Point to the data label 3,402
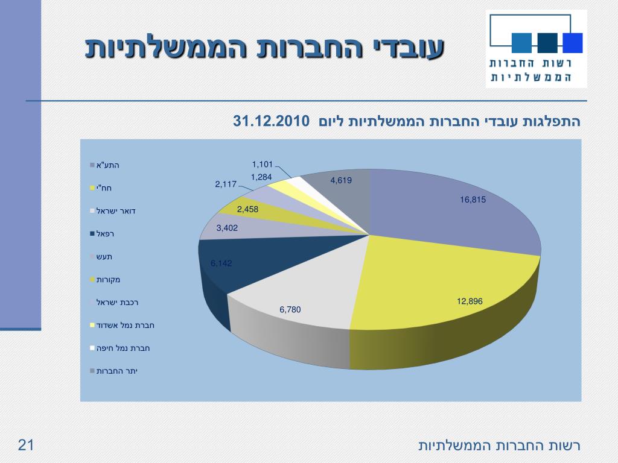pyautogui.click(x=227, y=228)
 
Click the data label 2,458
pyautogui.click(x=247, y=209)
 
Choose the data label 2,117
pyautogui.click(x=226, y=184)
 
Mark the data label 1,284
pyautogui.click(x=262, y=177)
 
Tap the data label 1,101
pyautogui.click(x=263, y=164)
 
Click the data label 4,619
pyautogui.click(x=341, y=180)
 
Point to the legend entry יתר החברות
pyautogui.click(x=117, y=371)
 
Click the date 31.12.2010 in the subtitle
pyautogui.click(x=271, y=121)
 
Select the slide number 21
pyautogui.click(x=26, y=446)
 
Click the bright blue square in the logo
pyautogui.click(x=572, y=43)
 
